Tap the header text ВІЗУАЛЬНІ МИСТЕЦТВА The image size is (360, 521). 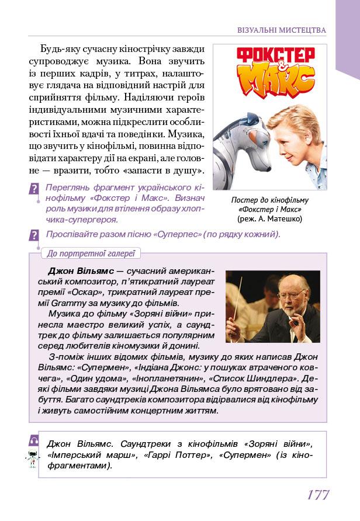point(282,30)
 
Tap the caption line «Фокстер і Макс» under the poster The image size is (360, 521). point(270,209)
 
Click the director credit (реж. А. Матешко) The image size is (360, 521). point(270,219)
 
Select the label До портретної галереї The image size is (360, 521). point(90,253)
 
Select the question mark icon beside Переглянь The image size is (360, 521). point(34,189)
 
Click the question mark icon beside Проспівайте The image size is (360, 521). point(34,235)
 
